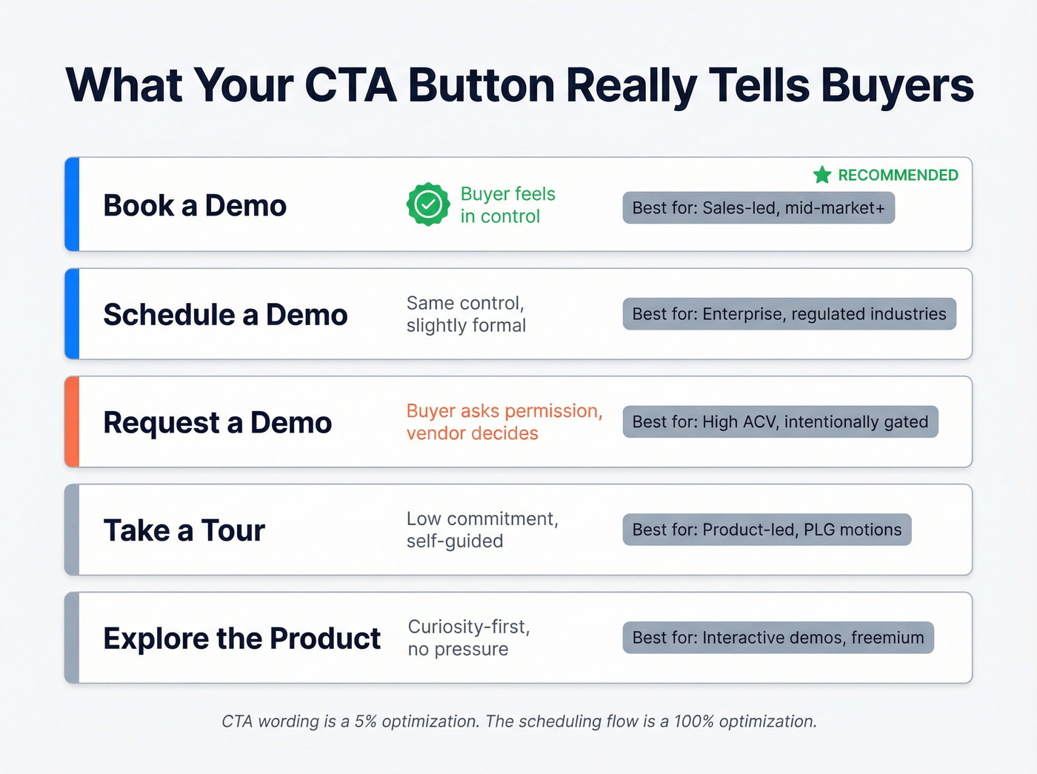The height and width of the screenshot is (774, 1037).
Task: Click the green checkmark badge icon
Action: pos(428,204)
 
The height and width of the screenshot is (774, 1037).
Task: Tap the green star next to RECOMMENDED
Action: pos(822,175)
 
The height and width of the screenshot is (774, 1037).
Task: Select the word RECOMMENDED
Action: pos(898,176)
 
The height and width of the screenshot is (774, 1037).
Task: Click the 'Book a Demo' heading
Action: pos(195,206)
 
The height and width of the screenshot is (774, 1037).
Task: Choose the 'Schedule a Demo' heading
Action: pos(225,315)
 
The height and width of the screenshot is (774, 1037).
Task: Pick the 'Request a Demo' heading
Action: pos(217,423)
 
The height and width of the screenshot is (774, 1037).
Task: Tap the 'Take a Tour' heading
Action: pos(184,531)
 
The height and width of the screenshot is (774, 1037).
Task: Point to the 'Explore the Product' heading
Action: pos(241,638)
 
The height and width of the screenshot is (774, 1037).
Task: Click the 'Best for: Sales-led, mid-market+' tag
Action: pos(758,208)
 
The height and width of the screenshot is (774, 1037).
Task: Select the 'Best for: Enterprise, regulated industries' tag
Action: pos(789,314)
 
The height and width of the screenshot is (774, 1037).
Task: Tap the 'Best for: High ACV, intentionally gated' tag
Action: pos(780,422)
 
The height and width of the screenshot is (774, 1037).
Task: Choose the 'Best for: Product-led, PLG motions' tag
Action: pos(767,530)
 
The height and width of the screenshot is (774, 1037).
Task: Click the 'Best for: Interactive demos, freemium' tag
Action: pos(778,638)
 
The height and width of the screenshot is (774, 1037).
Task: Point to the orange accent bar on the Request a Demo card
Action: pos(72,422)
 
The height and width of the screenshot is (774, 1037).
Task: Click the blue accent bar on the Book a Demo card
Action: pos(72,204)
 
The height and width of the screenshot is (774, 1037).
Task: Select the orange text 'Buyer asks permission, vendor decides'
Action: pos(504,422)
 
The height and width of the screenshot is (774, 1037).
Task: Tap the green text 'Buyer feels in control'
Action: pos(507,205)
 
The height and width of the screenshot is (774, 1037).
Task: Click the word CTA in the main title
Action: pos(350,85)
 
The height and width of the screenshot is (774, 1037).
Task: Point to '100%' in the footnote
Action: pos(693,721)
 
